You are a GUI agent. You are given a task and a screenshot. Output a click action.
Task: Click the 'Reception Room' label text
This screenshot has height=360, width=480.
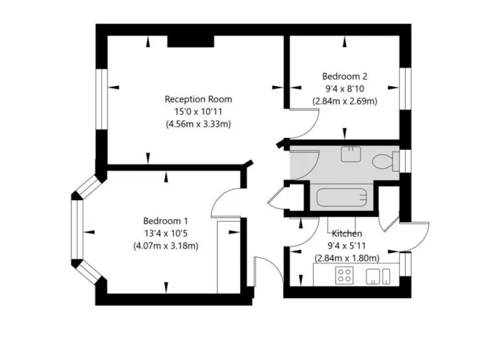198,99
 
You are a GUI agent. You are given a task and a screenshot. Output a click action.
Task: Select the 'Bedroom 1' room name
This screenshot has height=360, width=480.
166,221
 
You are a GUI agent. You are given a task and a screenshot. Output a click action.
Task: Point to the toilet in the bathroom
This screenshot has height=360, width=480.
382,162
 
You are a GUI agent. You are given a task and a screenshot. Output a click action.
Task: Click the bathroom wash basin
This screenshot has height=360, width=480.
351,154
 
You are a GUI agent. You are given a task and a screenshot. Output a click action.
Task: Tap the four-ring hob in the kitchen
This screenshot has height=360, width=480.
344,275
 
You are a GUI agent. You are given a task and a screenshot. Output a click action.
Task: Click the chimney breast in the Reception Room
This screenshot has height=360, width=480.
191,41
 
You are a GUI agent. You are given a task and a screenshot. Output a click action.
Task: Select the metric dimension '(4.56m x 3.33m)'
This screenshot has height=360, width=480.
198,124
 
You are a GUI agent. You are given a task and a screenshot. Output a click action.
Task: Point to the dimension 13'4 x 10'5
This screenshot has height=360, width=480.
166,233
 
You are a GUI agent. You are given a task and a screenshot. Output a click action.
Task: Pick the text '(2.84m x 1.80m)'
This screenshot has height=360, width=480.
346,257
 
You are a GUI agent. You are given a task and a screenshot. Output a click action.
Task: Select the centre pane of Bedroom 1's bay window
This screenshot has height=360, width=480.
76,229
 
